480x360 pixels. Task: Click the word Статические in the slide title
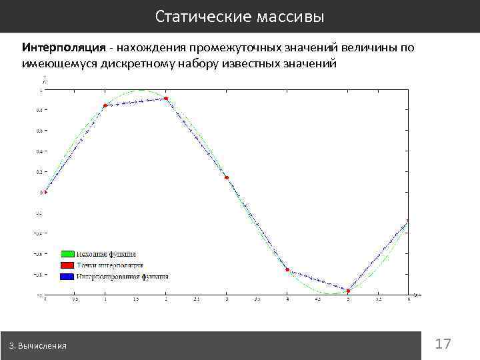(202, 16)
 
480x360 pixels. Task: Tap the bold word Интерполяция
(64, 48)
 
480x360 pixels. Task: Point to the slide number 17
(443, 344)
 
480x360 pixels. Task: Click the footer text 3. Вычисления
(38, 346)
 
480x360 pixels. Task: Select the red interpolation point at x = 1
(105, 105)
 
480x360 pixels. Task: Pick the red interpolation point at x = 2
(165, 99)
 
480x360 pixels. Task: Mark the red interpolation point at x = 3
(227, 177)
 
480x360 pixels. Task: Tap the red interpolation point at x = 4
(287, 269)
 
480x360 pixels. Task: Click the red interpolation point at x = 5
(348, 291)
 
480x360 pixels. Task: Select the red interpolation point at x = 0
(45, 192)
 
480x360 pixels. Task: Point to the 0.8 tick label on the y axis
(41, 110)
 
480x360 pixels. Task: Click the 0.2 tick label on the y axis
(41, 172)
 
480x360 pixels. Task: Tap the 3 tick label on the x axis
(226, 299)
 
